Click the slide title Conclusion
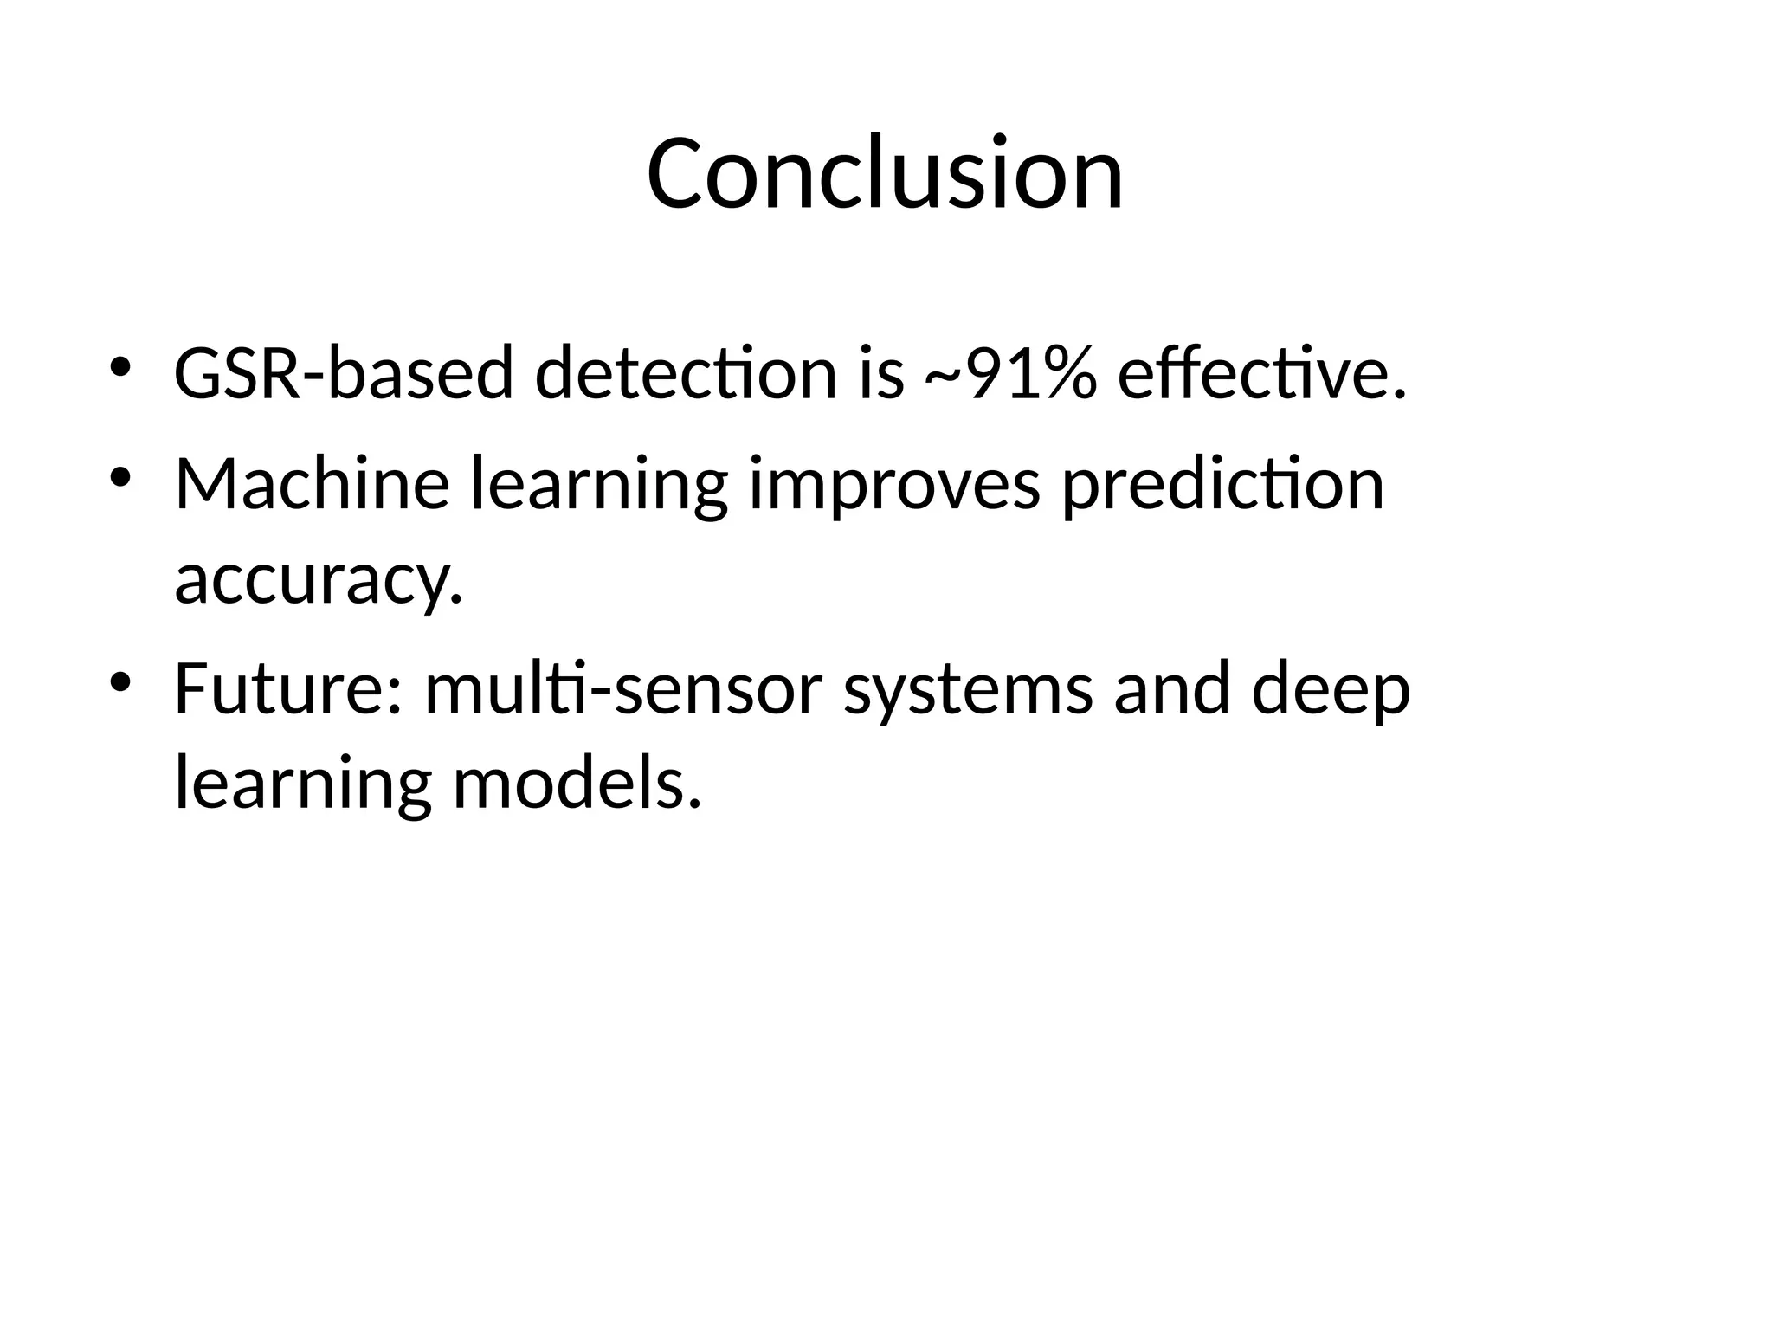(x=885, y=173)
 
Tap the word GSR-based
(x=344, y=374)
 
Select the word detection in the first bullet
(x=686, y=374)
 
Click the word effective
(x=1261, y=374)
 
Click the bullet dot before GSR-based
(x=119, y=367)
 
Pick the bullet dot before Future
(x=119, y=682)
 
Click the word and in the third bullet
(x=1171, y=689)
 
